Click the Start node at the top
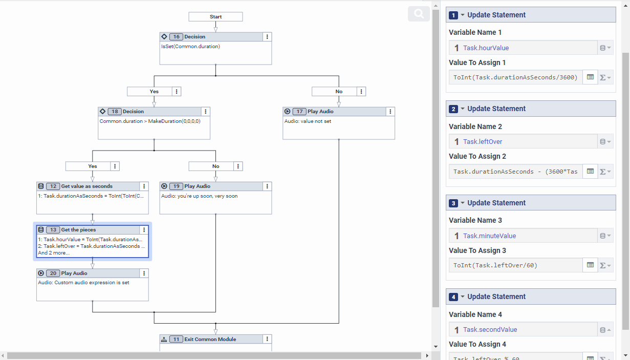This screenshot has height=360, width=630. point(215,17)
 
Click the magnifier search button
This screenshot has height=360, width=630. point(419,14)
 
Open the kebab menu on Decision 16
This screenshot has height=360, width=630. point(267,37)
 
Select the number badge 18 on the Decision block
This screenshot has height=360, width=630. point(114,112)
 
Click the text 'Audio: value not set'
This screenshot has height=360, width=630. point(308,121)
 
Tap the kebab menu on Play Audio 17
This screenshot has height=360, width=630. point(390,112)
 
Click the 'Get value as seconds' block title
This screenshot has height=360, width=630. point(86,186)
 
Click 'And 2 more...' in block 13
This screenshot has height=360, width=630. point(54,253)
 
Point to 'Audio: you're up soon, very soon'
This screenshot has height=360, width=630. point(199,196)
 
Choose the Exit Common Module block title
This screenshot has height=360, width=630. point(210,340)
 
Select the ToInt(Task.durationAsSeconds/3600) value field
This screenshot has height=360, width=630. point(515,77)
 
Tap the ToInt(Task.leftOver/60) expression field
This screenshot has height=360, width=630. point(515,265)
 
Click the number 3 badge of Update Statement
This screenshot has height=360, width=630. point(453,203)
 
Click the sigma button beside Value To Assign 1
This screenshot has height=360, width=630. point(605,77)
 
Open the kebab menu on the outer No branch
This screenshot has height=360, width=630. point(362,92)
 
